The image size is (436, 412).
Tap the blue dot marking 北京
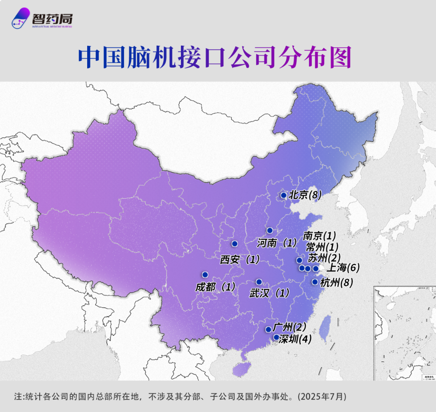coord(283,195)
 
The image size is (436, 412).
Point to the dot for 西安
coord(235,244)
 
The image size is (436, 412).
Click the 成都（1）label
coord(215,287)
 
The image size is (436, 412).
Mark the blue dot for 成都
coord(205,274)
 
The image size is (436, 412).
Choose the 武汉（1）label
coord(269,293)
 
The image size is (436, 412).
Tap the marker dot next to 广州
coord(268,329)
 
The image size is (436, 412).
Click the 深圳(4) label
coord(295,339)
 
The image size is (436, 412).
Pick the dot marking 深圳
coord(276,337)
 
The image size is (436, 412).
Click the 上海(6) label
coord(343,268)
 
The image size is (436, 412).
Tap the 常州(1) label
coord(322,247)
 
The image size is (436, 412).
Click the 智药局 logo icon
coord(21,18)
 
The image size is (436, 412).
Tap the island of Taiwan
coord(325,327)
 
